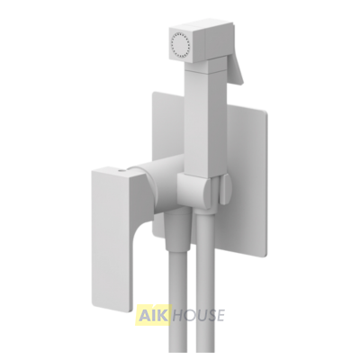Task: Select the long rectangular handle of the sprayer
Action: click(201, 123)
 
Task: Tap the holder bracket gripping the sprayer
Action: click(195, 191)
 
